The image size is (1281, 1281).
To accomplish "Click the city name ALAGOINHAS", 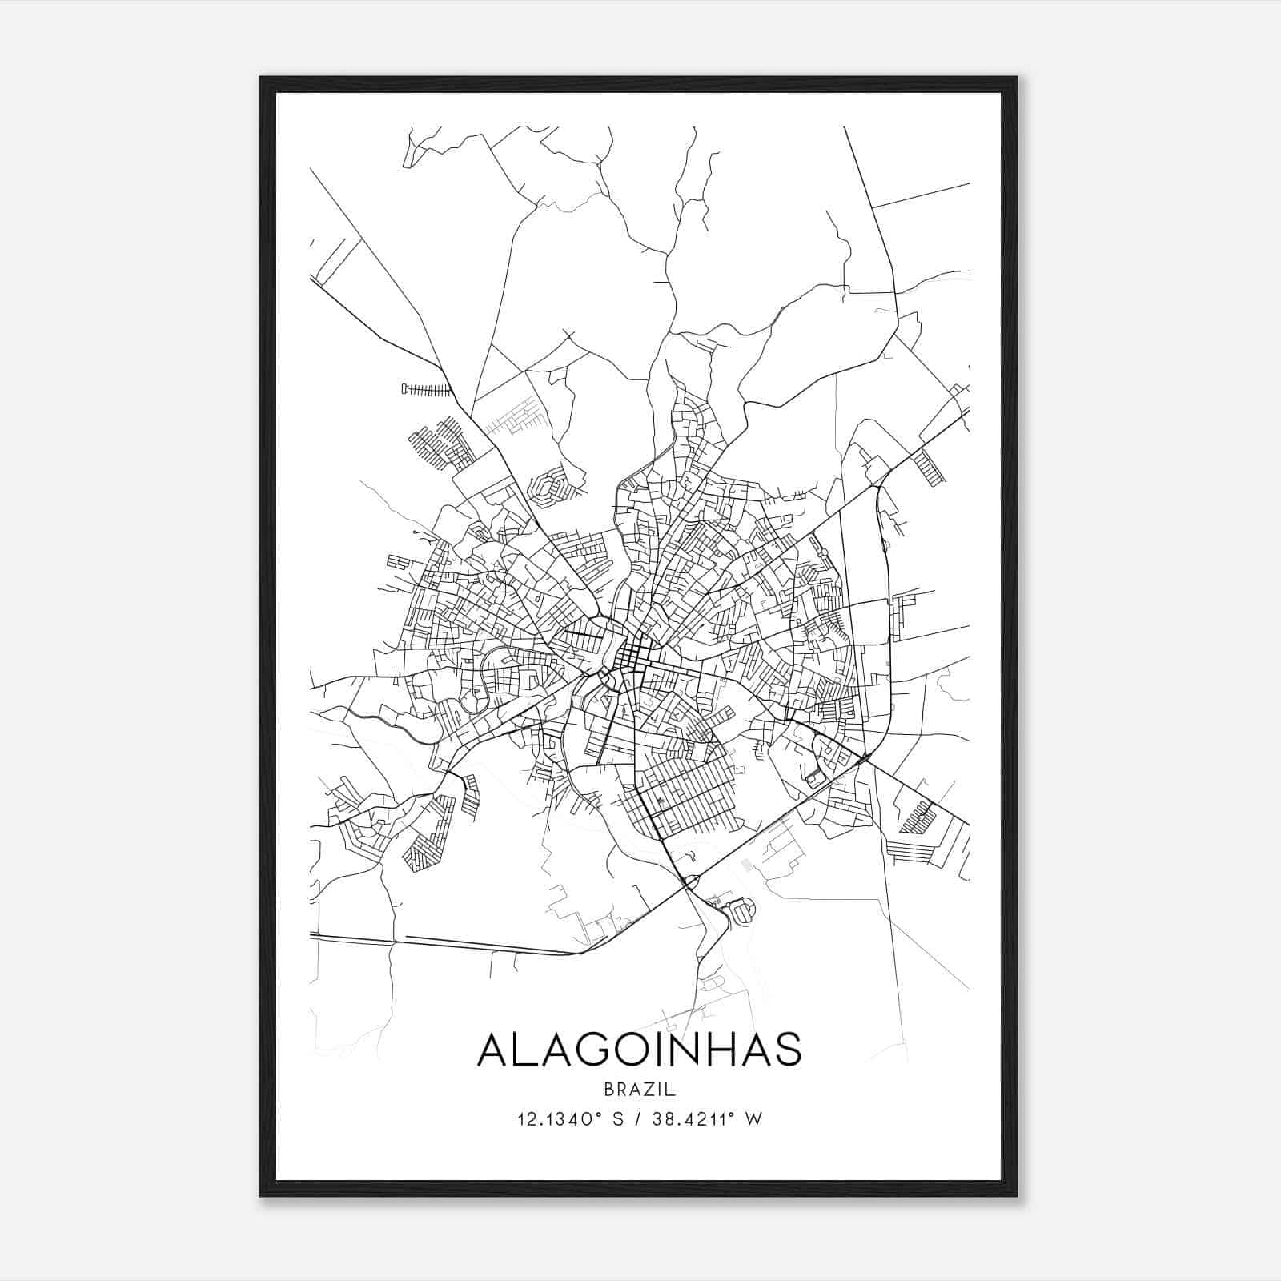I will tap(638, 1050).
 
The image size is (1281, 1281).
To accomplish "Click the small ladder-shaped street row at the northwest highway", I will tap(426, 390).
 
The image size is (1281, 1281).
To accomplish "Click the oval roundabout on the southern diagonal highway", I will tap(690, 882).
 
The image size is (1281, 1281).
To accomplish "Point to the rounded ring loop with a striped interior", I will tap(744, 909).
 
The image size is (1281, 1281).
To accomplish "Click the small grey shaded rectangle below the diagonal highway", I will tap(749, 865).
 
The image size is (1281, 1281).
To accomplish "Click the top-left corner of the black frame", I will tap(261, 78).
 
